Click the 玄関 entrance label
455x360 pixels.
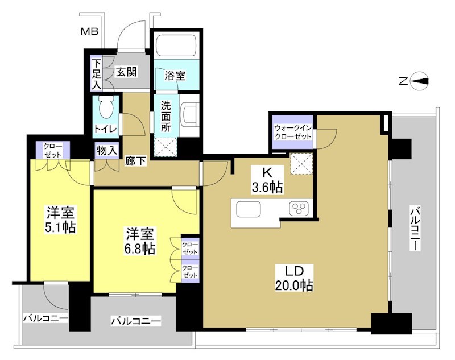tap(126, 72)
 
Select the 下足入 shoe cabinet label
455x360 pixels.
tap(96, 72)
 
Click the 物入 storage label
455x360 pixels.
tap(107, 151)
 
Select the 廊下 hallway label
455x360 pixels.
tap(135, 161)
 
